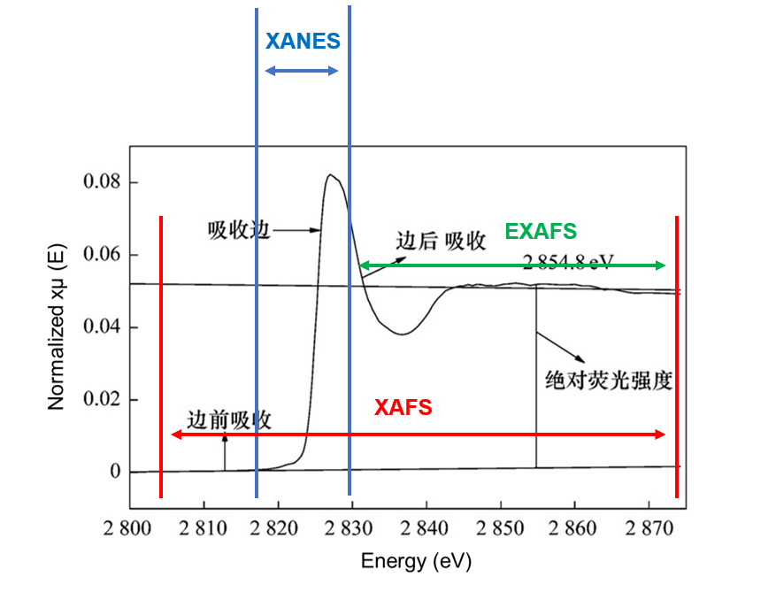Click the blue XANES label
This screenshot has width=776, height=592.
(303, 41)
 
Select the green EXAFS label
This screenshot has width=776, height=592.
(541, 232)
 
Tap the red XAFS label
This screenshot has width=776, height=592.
(403, 408)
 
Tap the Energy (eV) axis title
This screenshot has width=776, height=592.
(415, 562)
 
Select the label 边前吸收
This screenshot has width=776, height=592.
(228, 420)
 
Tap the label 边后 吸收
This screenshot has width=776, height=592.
(440, 241)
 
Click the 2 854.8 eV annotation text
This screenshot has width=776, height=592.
(569, 261)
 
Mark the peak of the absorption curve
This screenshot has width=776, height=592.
(329, 174)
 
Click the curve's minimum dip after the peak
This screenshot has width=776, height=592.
(402, 334)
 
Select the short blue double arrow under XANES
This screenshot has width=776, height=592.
(303, 71)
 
